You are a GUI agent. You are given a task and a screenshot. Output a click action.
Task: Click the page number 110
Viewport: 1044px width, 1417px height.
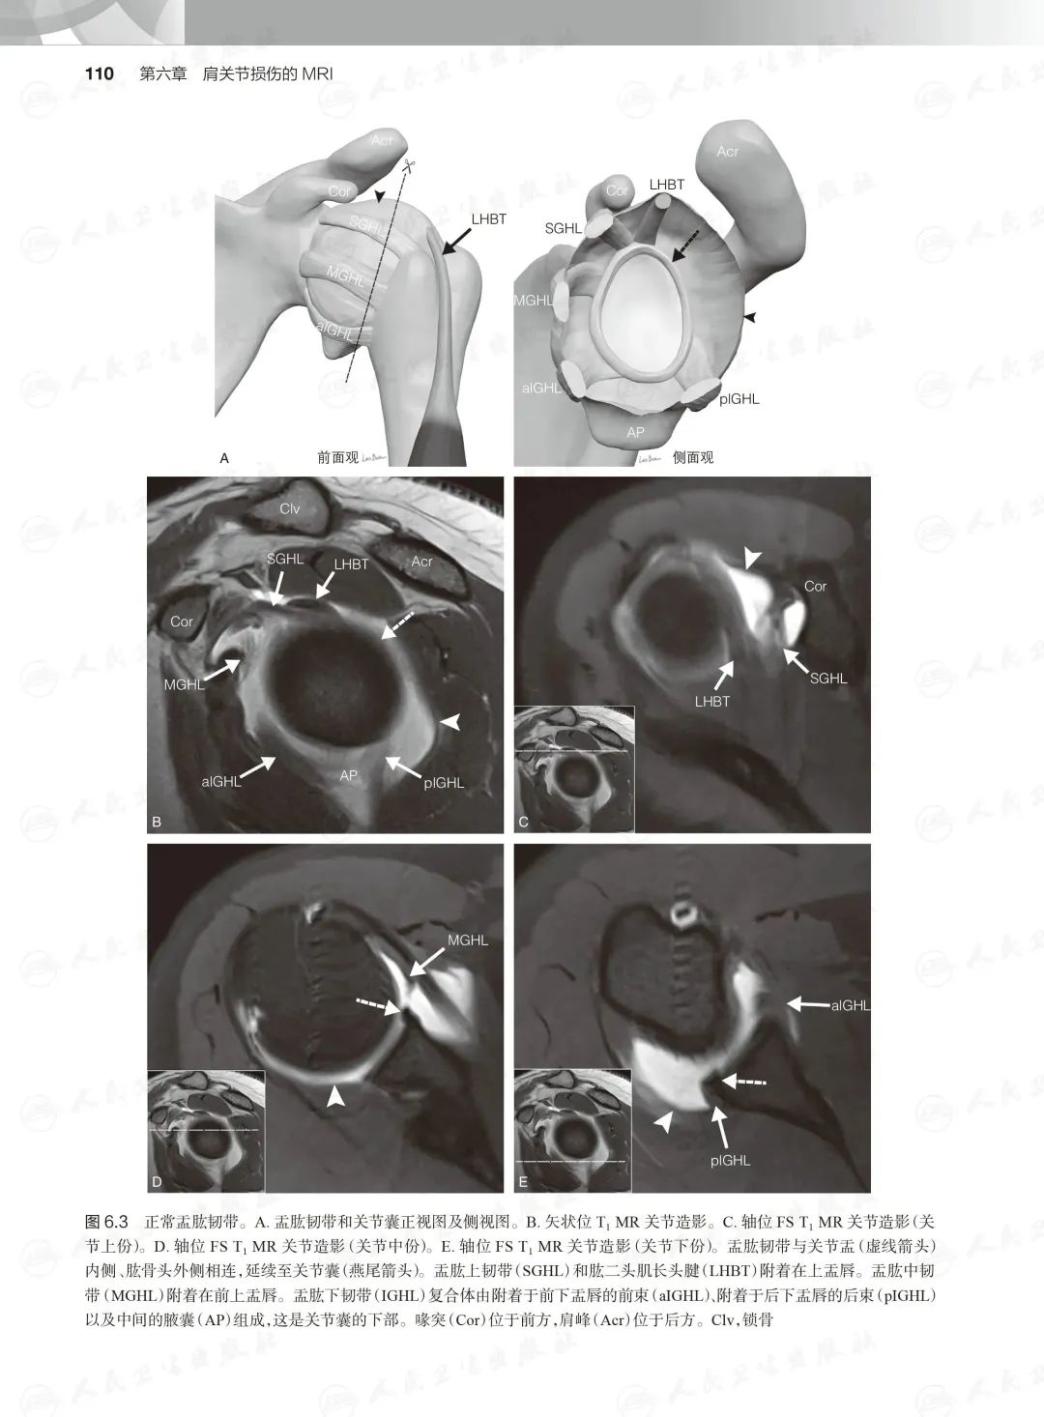(100, 74)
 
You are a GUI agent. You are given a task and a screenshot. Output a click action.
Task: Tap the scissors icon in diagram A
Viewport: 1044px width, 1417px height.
(408, 166)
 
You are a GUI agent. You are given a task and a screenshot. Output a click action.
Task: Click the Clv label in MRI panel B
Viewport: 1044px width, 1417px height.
(289, 508)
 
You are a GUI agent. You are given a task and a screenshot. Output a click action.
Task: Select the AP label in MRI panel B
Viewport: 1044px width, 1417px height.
(348, 775)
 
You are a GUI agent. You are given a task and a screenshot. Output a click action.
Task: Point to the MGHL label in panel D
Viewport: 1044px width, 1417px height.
(468, 940)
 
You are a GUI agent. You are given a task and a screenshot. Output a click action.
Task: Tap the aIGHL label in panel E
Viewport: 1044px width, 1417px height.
(851, 1004)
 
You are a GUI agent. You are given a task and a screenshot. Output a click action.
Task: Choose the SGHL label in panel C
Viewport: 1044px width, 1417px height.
(828, 679)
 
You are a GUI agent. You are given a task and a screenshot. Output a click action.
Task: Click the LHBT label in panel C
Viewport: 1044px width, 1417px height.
(711, 701)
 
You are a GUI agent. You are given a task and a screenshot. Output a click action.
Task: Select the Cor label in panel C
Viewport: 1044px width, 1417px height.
(815, 587)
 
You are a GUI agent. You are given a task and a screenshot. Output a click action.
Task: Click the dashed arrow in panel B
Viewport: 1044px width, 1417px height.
(398, 625)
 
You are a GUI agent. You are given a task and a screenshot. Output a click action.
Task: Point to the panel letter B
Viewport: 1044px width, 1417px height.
(157, 822)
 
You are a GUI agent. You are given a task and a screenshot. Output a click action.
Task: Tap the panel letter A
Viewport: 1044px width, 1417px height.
(223, 458)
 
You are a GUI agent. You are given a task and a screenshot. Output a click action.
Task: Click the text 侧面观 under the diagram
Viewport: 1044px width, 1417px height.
(693, 457)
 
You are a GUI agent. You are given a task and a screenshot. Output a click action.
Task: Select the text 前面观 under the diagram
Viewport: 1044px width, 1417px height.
(338, 457)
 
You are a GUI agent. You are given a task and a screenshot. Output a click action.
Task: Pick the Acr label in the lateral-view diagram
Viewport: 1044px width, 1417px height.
(728, 151)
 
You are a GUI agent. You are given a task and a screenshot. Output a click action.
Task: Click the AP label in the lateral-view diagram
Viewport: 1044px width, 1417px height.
(635, 432)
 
